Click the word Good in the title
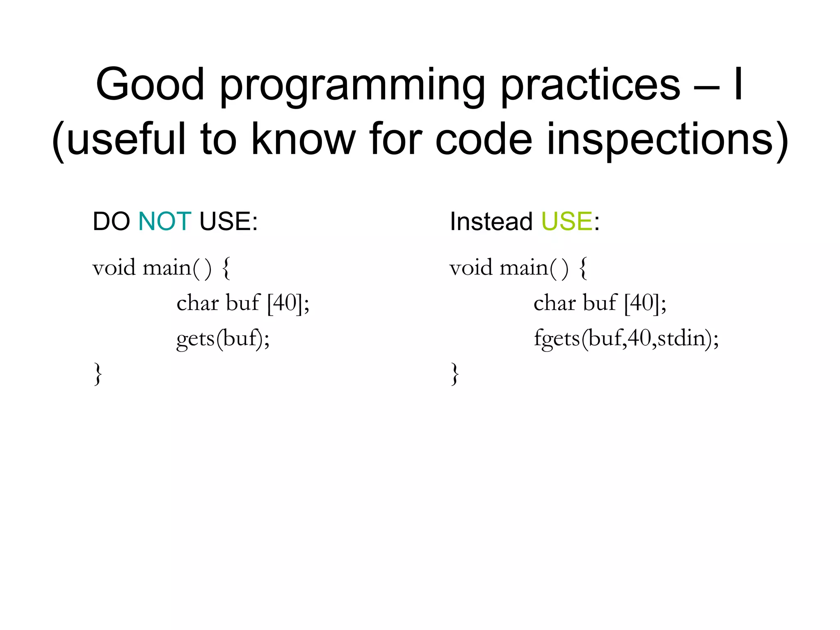150,84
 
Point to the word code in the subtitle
484,139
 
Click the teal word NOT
165,221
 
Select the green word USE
567,221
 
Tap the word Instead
491,221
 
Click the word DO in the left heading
111,221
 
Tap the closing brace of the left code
98,374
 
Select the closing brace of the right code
454,374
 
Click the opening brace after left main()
226,269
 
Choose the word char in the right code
554,304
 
